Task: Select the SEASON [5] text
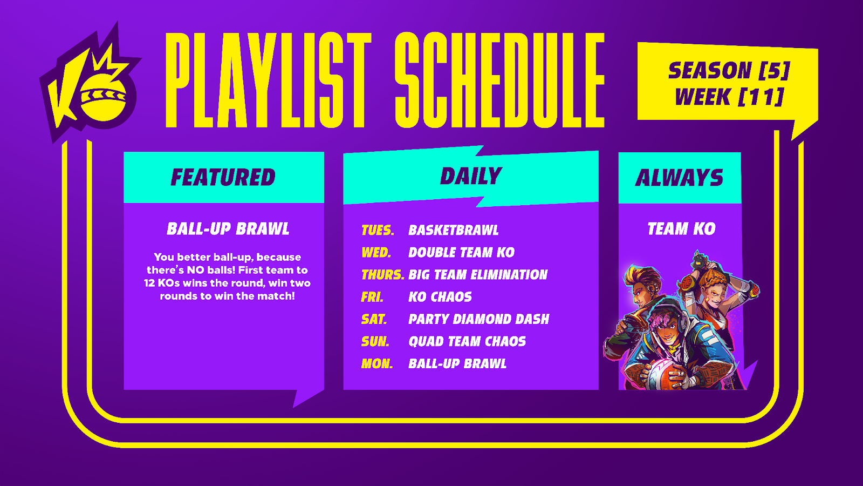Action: pyautogui.click(x=729, y=70)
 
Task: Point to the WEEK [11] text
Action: pyautogui.click(x=729, y=97)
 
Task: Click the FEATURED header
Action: pyautogui.click(x=223, y=178)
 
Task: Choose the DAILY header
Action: pyautogui.click(x=471, y=176)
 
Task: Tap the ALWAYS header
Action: pyautogui.click(x=679, y=178)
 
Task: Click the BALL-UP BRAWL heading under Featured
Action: pyautogui.click(x=228, y=229)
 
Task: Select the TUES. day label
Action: pyautogui.click(x=378, y=230)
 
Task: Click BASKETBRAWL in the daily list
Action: pyautogui.click(x=454, y=230)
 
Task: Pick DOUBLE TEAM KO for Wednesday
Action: pyautogui.click(x=462, y=253)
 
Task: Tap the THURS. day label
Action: pyautogui.click(x=382, y=275)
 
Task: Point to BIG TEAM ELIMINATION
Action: pyautogui.click(x=478, y=275)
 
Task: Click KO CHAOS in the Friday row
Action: pyautogui.click(x=440, y=297)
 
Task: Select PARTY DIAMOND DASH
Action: pyautogui.click(x=479, y=319)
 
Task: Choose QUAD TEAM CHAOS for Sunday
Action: pyautogui.click(x=467, y=341)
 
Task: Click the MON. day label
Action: pyautogui.click(x=377, y=364)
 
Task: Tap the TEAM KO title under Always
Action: pyautogui.click(x=681, y=229)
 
